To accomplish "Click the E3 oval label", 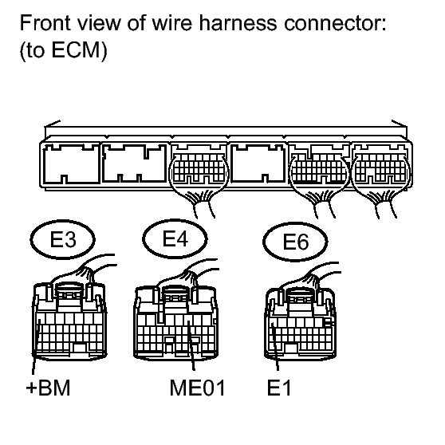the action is (62, 239).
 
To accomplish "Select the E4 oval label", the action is (175, 238).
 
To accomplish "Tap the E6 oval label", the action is (295, 241).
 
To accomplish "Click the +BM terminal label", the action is (48, 388).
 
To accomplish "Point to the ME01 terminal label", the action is (197, 388).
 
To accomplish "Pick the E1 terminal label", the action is (279, 388).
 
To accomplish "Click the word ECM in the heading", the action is (76, 49).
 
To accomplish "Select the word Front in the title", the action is (45, 22).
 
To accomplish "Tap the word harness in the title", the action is (238, 22).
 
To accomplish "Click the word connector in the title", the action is (335, 23).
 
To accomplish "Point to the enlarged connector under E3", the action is (69, 321).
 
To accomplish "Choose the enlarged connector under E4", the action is (175, 323).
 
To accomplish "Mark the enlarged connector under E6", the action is (301, 325).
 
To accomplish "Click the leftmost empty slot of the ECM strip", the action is (72, 163).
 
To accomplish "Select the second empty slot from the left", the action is (134, 163).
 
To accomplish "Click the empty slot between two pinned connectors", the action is (258, 163).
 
